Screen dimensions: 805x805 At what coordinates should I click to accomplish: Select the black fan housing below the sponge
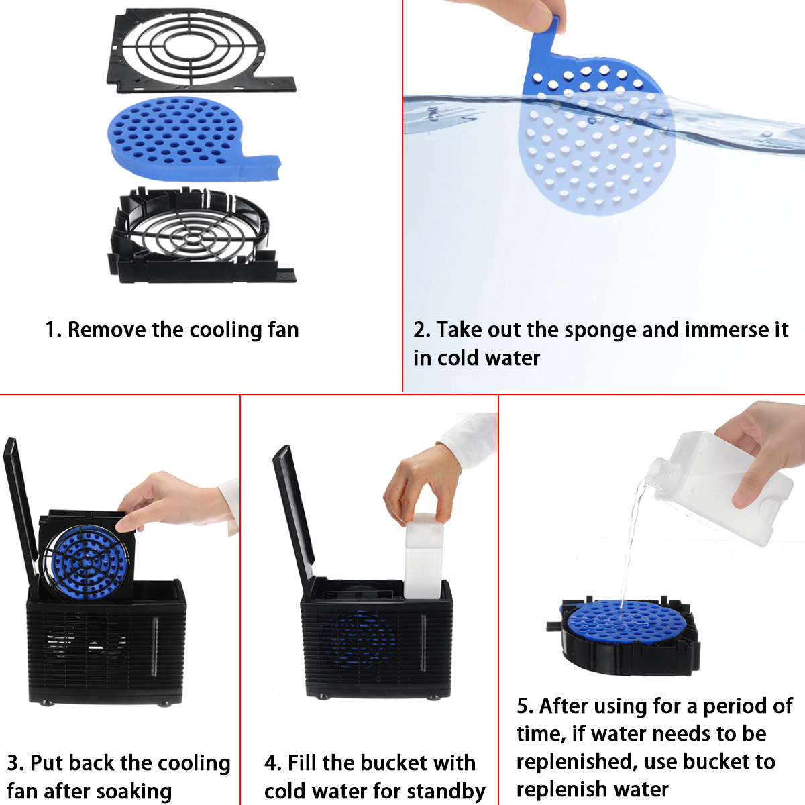point(195,235)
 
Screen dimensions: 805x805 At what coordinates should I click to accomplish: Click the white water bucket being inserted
point(424,557)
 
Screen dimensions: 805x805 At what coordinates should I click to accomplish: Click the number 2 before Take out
point(420,330)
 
